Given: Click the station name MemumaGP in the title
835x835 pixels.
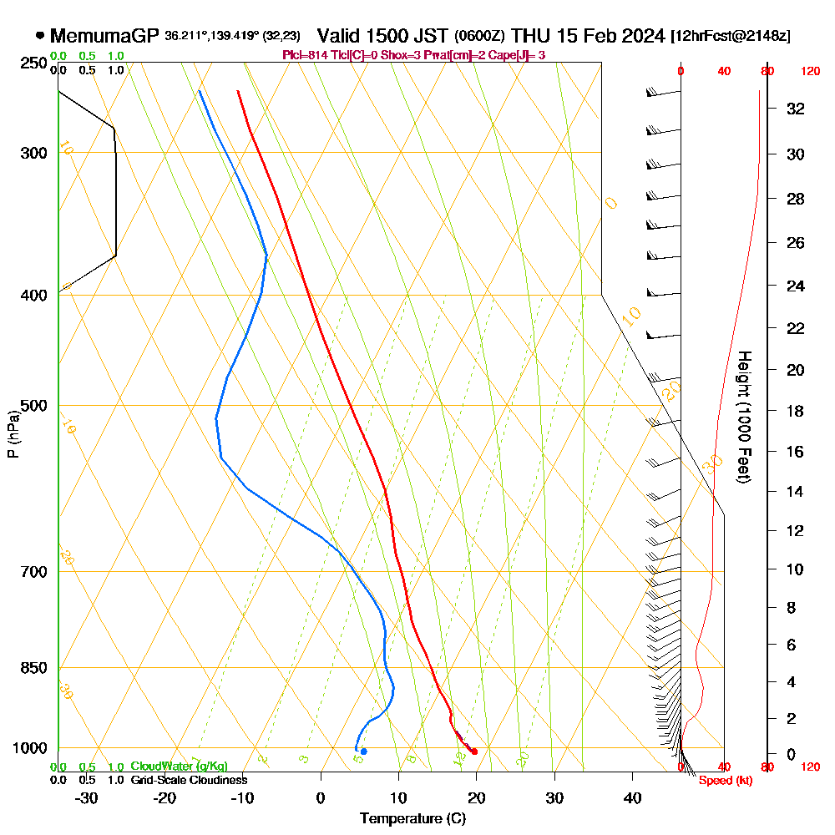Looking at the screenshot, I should tap(105, 36).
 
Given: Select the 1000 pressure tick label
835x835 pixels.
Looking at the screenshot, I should tap(28, 747).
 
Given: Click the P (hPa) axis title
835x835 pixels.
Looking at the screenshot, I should tap(13, 434).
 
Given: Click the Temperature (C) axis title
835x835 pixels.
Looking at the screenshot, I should tap(412, 818).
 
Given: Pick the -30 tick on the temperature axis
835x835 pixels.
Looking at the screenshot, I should tap(87, 797).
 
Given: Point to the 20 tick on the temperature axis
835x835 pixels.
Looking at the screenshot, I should tap(476, 797).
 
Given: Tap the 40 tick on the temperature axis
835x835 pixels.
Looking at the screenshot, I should tap(632, 797).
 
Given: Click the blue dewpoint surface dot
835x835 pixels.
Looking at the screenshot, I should tap(363, 751).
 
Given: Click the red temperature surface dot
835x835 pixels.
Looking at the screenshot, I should tap(474, 751).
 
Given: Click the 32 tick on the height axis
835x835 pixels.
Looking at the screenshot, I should tap(796, 109).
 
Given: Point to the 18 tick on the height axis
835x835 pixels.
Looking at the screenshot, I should tap(796, 411).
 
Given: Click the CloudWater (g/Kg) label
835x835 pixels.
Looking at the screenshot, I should tap(179, 767).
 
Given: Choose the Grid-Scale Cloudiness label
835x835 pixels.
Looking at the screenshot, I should tap(188, 780).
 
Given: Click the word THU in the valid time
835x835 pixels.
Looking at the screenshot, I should tap(529, 36).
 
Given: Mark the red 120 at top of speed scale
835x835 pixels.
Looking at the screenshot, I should tap(810, 72).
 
